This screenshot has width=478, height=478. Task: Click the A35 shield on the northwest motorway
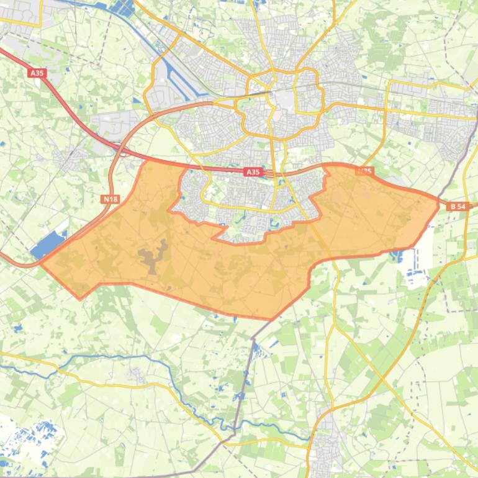tap(37, 73)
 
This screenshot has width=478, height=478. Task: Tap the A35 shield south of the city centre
tap(253, 172)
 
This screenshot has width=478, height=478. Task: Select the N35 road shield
tap(364, 171)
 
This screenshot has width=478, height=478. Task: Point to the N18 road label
tap(110, 199)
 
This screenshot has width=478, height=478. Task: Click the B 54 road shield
tap(458, 206)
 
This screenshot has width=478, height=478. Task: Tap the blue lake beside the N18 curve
tap(49, 244)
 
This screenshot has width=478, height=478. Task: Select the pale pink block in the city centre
tap(277, 114)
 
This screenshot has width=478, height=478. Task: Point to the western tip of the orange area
tap(42, 263)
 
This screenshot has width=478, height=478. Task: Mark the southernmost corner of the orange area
tap(271, 319)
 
